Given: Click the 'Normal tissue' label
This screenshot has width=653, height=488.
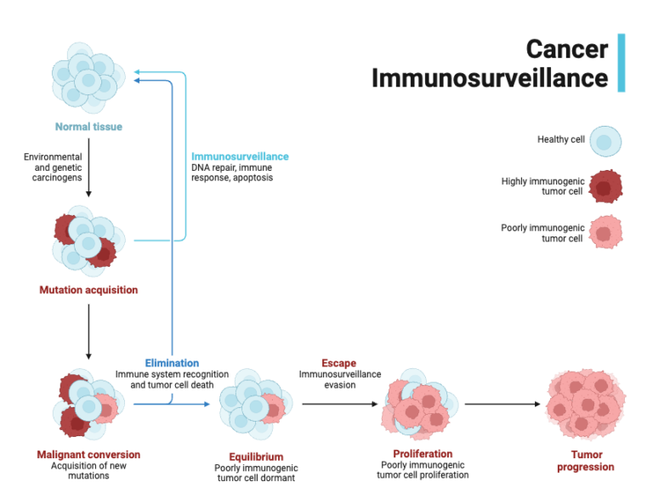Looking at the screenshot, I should [88, 128].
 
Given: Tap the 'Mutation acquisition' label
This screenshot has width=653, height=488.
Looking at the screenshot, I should [88, 290].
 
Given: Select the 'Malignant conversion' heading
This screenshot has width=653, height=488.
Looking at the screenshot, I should [88, 455].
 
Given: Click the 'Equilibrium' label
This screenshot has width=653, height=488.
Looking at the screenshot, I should [255, 457].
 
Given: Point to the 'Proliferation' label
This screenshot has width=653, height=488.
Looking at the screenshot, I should [423, 453].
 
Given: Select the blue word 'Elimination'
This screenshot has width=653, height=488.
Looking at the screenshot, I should [172, 363].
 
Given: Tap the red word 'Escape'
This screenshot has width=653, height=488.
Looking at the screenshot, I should [338, 363].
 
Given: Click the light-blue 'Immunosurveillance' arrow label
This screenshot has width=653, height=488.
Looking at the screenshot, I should [240, 156].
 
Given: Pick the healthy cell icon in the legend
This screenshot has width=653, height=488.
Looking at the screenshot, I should [605, 141].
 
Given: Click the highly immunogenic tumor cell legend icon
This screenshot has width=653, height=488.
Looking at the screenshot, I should [605, 187].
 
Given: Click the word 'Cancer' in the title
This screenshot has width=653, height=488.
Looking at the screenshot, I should [566, 48].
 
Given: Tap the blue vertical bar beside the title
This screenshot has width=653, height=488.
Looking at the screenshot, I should [622, 62].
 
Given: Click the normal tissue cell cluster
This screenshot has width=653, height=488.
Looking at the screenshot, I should [86, 77].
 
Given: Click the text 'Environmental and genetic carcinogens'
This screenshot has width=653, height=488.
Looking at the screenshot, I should [53, 167].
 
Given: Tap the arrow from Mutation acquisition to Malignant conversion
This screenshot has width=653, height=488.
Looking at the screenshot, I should [88, 332].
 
